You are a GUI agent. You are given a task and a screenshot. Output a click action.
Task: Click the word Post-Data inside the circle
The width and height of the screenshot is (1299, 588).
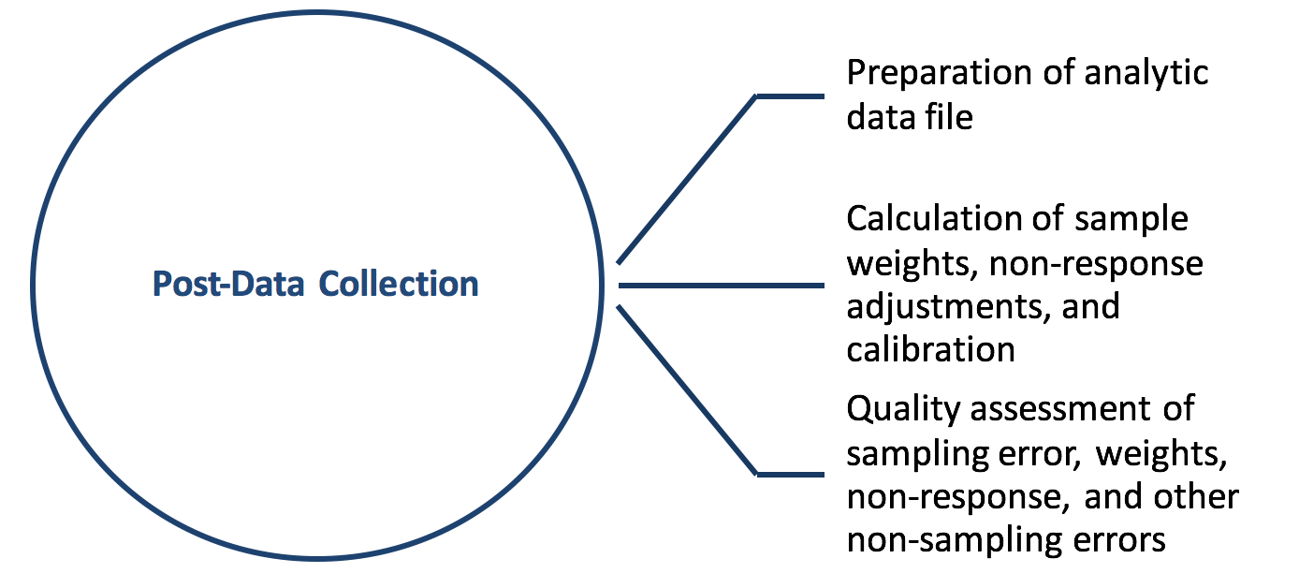point(228,284)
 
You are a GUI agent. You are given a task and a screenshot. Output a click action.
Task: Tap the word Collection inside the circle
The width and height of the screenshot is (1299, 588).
point(399,284)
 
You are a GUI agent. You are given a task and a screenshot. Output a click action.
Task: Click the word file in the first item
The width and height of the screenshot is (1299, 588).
point(949,118)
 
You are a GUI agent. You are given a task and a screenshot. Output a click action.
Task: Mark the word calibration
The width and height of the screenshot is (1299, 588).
point(931,349)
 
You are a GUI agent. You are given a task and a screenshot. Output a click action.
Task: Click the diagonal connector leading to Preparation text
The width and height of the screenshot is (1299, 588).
point(688,178)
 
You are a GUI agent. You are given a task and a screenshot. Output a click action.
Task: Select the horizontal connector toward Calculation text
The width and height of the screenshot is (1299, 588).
point(721,284)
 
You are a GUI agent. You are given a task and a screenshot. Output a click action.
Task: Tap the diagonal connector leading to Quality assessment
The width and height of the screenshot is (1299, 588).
point(688,390)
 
